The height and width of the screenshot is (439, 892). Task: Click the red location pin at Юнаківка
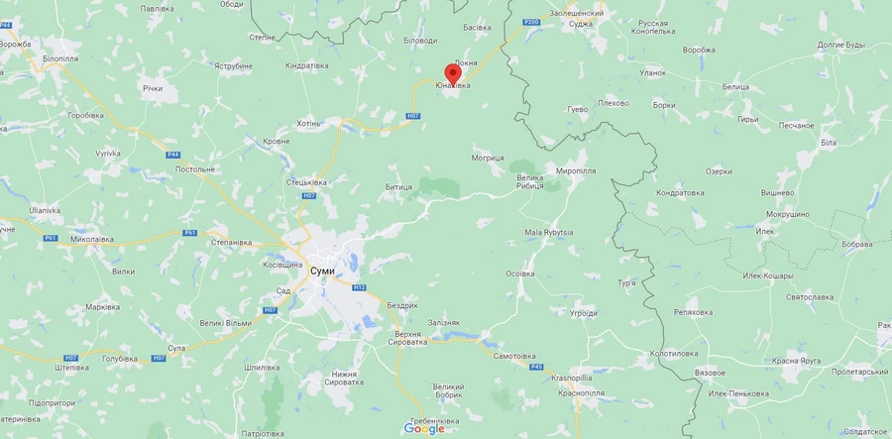coord(453,72)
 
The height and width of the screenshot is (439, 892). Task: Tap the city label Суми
coord(322,271)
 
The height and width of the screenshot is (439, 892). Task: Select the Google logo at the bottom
coord(423,428)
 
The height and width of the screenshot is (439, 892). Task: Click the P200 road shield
coord(531,22)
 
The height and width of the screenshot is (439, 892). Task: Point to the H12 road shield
coord(359,287)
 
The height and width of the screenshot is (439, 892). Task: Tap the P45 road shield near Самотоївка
coord(536,367)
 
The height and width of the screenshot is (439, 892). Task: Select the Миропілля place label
coord(582,170)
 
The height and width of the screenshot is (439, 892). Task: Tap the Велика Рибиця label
coord(529,182)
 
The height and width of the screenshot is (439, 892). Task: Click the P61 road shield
coord(51,238)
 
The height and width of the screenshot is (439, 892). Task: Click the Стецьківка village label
coord(306,182)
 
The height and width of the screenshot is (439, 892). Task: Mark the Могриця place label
coord(488,158)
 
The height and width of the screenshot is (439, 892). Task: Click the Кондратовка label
coord(680,192)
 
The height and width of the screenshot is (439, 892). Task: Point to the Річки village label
coord(152,88)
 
